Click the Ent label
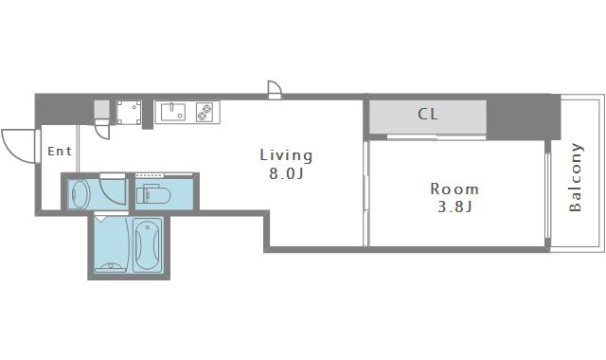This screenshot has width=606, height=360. coord(60,151)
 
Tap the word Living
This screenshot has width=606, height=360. coord(286,155)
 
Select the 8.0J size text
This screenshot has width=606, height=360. coord(286,174)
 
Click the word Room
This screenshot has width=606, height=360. coord(454,189)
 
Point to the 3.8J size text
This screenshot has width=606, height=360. coord(454,207)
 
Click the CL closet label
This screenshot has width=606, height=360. coord(428,114)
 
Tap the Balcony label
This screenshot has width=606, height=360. coord(576,177)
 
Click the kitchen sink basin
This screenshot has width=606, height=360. coord(172,112)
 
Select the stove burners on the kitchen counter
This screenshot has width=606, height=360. coord(205,112)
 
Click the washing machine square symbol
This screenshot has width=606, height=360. coord(129,113)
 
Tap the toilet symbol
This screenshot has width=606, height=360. coord(153,194)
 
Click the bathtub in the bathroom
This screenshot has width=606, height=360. coord(148,244)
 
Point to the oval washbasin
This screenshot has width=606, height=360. coord(81,195)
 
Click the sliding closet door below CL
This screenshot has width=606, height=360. coord(437,137)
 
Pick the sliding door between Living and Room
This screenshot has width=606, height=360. coord(366,193)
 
